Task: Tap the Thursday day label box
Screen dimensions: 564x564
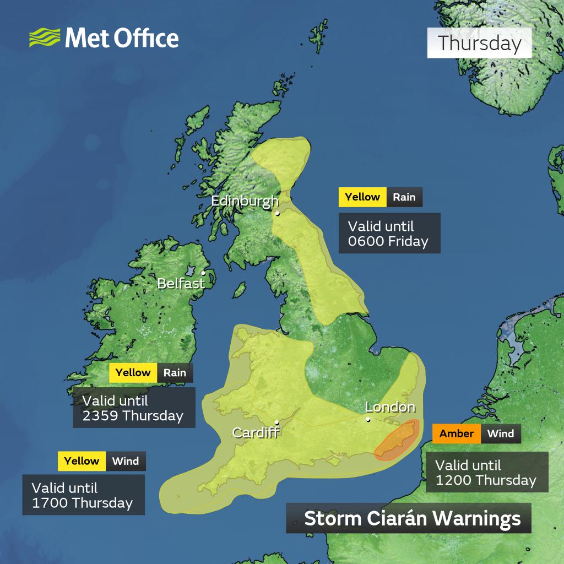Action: [x=479, y=44]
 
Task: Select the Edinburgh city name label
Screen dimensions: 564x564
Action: [x=245, y=201]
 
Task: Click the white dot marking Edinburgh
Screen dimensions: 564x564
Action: [x=278, y=213]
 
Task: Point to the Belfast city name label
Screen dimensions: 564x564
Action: [x=181, y=284]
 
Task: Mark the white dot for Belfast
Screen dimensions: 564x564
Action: [x=203, y=272]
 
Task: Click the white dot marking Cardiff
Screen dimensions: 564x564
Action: [x=277, y=423]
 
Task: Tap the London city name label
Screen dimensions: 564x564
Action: [x=390, y=408]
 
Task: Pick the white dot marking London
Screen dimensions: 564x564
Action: [x=368, y=420]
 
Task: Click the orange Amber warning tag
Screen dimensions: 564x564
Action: [x=457, y=433]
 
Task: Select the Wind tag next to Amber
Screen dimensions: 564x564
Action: [x=501, y=433]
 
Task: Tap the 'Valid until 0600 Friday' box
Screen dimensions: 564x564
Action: [x=389, y=234]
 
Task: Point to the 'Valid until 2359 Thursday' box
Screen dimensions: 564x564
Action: [x=134, y=408]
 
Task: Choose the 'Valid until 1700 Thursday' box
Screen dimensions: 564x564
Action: [x=83, y=495]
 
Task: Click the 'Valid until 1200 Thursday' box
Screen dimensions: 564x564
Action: [x=486, y=472]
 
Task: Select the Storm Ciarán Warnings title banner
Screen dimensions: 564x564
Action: [x=408, y=518]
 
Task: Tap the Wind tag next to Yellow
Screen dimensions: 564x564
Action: [x=126, y=461]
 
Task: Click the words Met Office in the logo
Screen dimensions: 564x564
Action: [x=122, y=39]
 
